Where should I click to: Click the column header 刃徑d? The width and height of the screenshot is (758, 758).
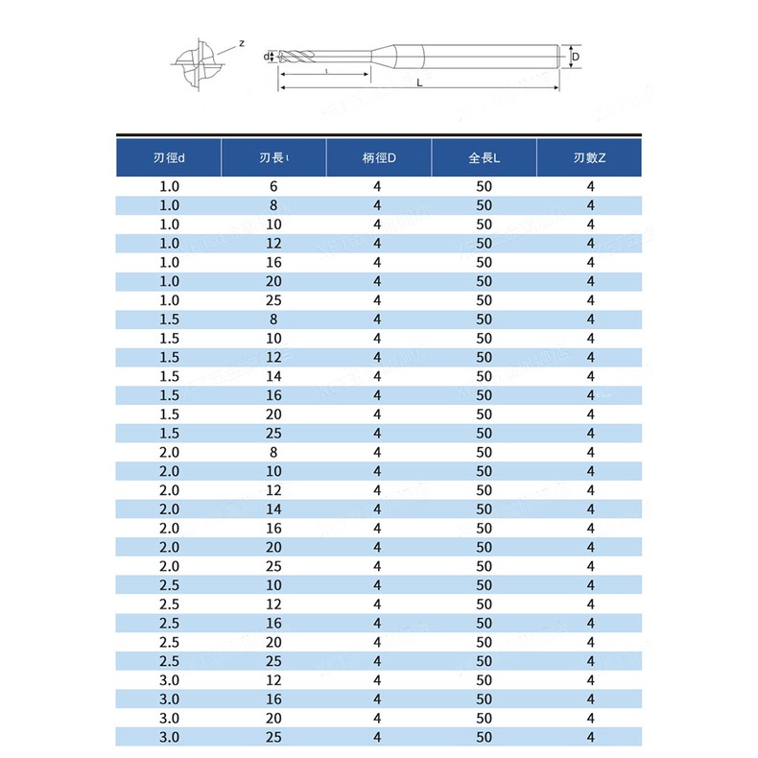click(169, 157)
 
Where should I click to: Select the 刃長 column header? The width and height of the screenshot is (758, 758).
click(273, 157)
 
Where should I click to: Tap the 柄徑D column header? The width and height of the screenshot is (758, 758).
click(378, 157)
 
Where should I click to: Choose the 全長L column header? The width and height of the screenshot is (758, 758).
click(484, 157)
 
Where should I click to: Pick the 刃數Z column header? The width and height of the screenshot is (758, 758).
click(589, 157)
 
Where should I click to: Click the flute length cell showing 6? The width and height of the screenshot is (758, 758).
click(273, 186)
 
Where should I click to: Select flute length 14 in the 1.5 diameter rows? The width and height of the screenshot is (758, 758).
click(273, 376)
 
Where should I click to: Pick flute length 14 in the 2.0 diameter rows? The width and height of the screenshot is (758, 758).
click(273, 509)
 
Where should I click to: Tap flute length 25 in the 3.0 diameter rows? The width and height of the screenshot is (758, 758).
click(273, 737)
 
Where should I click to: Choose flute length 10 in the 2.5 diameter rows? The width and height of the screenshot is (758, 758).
click(273, 585)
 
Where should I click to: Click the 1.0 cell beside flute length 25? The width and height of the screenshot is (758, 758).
click(169, 300)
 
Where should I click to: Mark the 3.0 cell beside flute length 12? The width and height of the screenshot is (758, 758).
click(169, 680)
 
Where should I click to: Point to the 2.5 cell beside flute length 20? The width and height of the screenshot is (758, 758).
click(169, 642)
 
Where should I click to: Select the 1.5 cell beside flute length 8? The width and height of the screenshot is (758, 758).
click(169, 320)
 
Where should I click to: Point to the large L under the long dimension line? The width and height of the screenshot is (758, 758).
click(420, 83)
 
